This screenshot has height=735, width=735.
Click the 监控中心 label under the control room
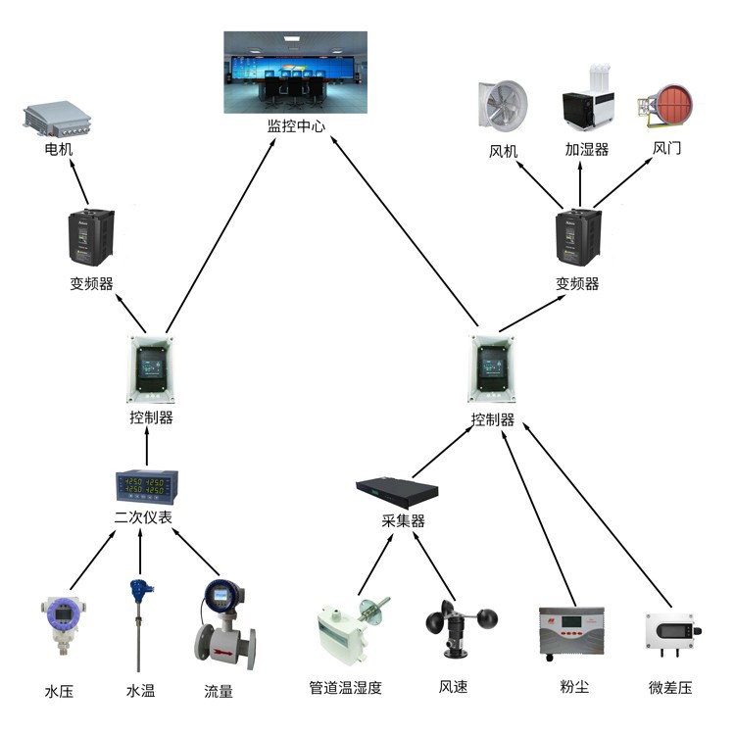(x=296, y=126)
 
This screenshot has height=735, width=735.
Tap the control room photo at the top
(x=295, y=72)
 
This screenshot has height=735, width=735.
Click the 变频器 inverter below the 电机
(x=91, y=237)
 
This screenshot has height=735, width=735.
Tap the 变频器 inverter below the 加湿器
(x=577, y=238)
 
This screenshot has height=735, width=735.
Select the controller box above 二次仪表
(x=151, y=370)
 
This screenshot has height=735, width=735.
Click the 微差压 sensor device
(x=669, y=633)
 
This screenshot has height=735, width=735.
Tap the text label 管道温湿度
(x=345, y=687)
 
